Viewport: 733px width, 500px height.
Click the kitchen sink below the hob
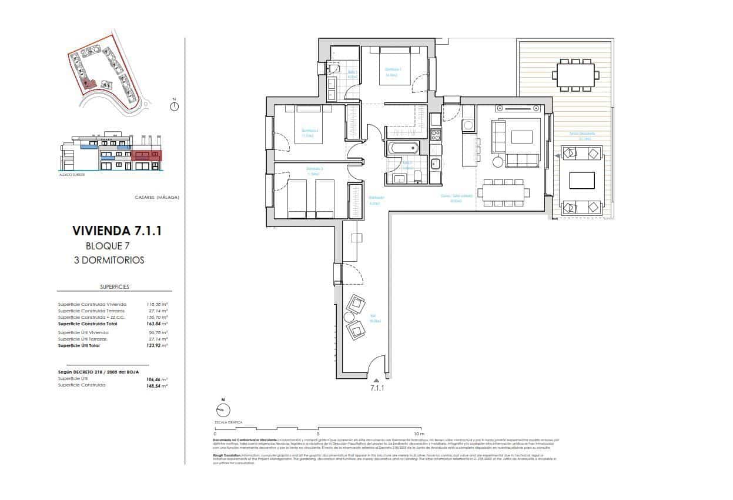tap(436, 164)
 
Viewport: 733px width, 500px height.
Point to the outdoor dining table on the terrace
tap(575, 75)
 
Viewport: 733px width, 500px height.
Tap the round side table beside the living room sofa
tap(498, 162)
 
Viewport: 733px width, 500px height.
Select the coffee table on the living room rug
tap(523, 137)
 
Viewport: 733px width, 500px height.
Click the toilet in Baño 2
tap(417, 176)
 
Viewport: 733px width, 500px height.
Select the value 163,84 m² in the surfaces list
tap(157, 324)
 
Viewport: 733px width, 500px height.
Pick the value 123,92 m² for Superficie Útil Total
tap(157, 346)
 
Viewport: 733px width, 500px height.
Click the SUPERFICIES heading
tap(115, 287)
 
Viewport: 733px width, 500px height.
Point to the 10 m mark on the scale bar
tap(418, 434)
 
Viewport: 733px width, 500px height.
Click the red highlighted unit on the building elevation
tap(146, 156)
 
